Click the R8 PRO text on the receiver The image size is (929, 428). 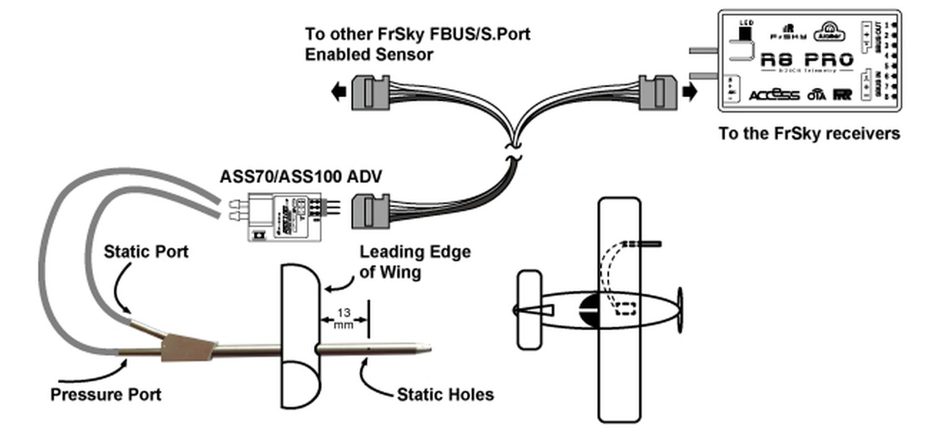coord(806,60)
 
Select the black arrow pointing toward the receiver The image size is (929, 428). coord(689,93)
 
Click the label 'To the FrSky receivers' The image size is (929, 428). coord(809,133)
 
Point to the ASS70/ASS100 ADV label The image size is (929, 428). coord(301,176)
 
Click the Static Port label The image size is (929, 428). coord(146,252)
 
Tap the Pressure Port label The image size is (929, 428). coord(106,394)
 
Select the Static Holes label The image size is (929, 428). coord(445,394)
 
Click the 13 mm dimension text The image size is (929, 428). coord(344,318)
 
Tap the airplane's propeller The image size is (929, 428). coord(680,309)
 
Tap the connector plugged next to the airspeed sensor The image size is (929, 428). coord(370,211)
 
